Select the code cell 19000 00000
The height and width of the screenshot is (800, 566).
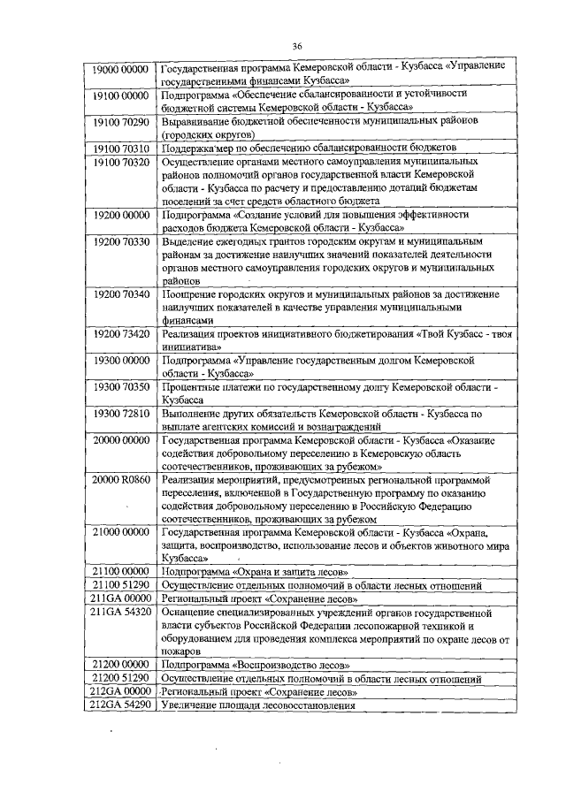click(122, 67)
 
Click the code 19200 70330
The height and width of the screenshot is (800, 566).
click(122, 241)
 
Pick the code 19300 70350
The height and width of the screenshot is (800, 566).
click(122, 388)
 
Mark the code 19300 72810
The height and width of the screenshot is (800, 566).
click(122, 415)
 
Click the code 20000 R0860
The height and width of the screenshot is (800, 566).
click(122, 481)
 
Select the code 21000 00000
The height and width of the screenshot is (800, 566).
click(122, 533)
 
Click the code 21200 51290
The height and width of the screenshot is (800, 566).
click(122, 679)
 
